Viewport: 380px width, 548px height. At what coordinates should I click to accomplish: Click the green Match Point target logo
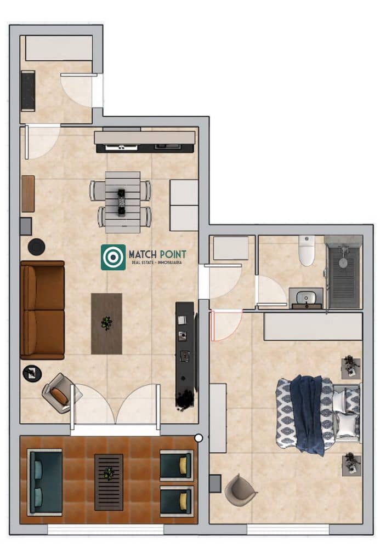113,257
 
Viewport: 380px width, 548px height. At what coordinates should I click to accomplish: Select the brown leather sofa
42,310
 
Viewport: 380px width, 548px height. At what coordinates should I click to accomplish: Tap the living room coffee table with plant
106,323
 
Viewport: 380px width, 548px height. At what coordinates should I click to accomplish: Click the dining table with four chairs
122,199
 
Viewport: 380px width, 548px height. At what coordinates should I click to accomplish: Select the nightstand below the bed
350,464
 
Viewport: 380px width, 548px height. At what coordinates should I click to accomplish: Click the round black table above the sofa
37,247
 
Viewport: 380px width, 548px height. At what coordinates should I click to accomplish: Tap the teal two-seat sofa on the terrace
45,482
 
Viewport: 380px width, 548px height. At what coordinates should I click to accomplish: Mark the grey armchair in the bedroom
240,489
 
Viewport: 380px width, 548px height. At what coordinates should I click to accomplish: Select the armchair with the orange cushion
58,393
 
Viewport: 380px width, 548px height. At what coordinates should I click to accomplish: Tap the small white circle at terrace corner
198,438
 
